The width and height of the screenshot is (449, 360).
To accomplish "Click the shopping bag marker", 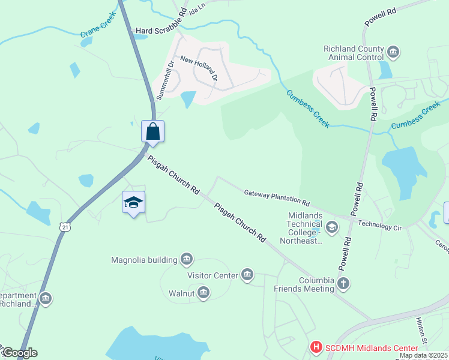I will click(x=152, y=131).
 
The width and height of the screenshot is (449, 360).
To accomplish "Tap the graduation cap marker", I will click(x=133, y=203).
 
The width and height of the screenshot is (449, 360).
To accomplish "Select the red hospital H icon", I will click(x=316, y=347).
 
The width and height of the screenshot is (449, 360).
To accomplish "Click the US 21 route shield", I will click(x=65, y=226).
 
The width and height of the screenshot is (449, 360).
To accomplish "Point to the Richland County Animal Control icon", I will click(x=394, y=53).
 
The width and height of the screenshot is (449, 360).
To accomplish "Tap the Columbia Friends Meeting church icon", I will click(x=343, y=283).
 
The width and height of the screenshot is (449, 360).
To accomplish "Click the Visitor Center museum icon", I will click(x=247, y=275).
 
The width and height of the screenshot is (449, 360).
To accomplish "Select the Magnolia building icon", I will click(x=187, y=259).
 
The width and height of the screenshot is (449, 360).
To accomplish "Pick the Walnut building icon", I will click(x=203, y=293).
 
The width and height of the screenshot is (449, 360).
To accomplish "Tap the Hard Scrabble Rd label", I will click(x=161, y=30).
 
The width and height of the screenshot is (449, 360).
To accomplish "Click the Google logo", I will click(x=19, y=353).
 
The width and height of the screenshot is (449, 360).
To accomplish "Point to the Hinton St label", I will click(x=421, y=329).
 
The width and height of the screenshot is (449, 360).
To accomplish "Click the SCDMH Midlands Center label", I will click(x=371, y=348).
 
